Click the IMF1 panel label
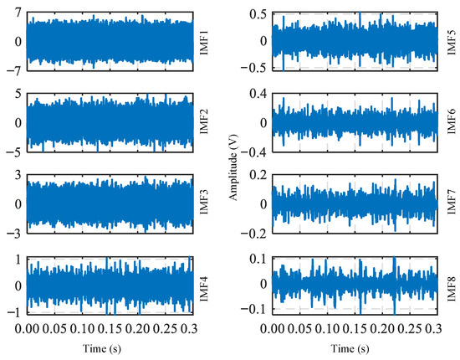[x=204, y=41]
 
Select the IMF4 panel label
[x=204, y=289]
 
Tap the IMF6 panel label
[x=451, y=121]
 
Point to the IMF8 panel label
[x=451, y=289]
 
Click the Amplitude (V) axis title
[x=233, y=167]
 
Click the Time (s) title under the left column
[x=102, y=348]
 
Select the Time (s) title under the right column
[x=350, y=348]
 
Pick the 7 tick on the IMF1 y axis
[x=18, y=13]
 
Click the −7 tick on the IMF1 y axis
[x=14, y=71]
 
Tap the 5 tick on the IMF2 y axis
[x=18, y=95]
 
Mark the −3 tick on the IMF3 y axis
[x=14, y=234]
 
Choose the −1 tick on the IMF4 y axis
[x=14, y=313]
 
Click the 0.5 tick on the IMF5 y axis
[x=258, y=14]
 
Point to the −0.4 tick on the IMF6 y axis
[x=254, y=152]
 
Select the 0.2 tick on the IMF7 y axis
[x=258, y=175]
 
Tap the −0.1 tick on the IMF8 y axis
[x=254, y=309]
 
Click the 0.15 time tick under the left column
[x=110, y=329]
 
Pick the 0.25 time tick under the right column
[x=410, y=329]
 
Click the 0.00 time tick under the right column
[x=273, y=329]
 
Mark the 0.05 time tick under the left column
[x=54, y=329]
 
